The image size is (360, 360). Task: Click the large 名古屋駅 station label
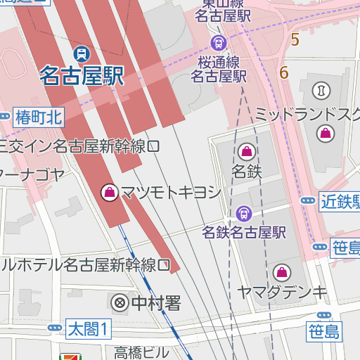point(82,75)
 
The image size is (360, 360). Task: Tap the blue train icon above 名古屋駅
point(83,53)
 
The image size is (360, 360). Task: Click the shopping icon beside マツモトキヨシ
point(110,191)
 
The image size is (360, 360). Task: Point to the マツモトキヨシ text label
point(171,192)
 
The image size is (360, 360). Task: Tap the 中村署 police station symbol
point(120,304)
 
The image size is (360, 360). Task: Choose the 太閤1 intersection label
point(89,328)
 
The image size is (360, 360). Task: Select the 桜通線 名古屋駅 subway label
point(219,69)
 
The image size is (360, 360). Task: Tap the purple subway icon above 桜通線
point(218,43)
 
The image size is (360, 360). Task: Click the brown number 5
point(295,40)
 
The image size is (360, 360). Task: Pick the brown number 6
point(284,72)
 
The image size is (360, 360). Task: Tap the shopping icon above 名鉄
point(247,150)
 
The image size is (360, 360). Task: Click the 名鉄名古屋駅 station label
point(244,232)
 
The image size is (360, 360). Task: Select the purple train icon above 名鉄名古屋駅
point(244,212)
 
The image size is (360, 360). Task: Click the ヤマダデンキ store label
point(282,292)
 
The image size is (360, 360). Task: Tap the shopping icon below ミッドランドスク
point(325,132)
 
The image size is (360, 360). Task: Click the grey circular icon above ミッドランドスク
point(321,90)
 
